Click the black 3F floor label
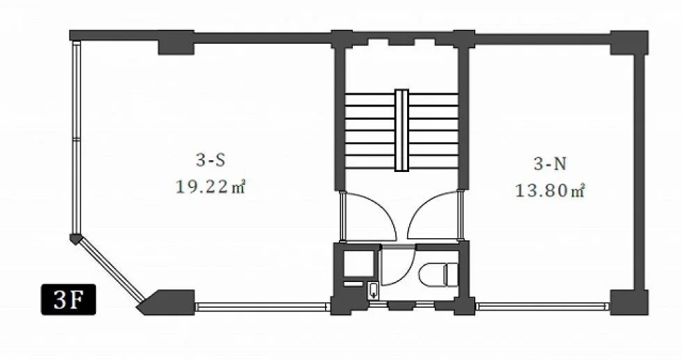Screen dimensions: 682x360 coord(68,299)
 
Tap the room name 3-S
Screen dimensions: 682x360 coord(210,161)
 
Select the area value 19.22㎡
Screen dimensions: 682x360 coord(210,187)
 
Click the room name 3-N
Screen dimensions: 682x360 coord(550,164)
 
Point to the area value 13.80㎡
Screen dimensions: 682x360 coord(550,191)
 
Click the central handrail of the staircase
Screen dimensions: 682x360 coord(402,130)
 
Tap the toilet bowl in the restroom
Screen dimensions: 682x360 coord(438,274)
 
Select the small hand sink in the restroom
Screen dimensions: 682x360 coord(373,290)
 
